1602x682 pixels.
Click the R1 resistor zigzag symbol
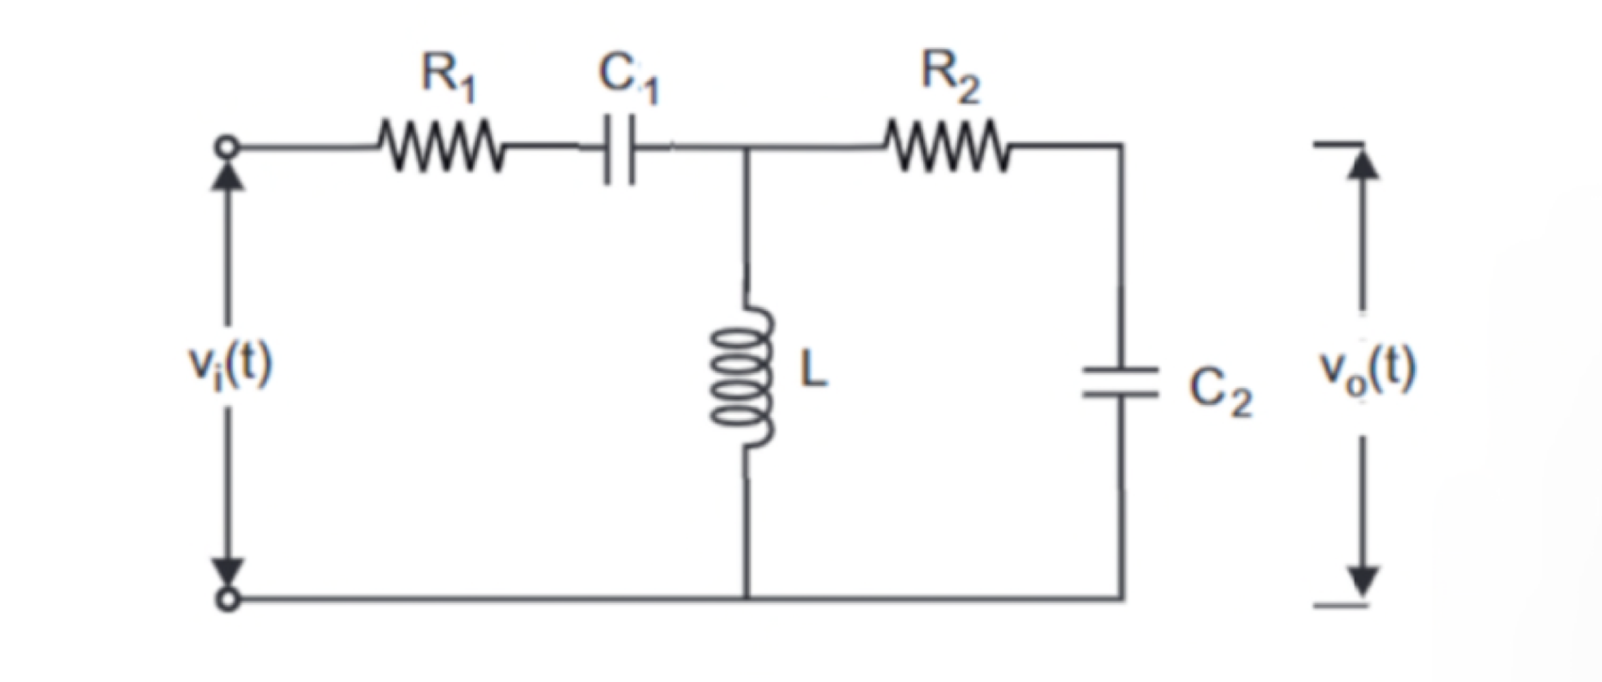pyautogui.click(x=441, y=145)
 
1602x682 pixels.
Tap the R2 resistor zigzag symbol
pyautogui.click(x=948, y=145)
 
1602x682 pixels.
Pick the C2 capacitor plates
pyautogui.click(x=1121, y=382)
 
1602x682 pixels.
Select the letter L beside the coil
pyautogui.click(x=813, y=371)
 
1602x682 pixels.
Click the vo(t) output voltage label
pyautogui.click(x=1367, y=371)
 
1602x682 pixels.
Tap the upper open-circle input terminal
pyautogui.click(x=227, y=147)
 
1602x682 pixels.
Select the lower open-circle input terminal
pyautogui.click(x=228, y=599)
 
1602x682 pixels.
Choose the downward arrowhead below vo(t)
pyautogui.click(x=1363, y=580)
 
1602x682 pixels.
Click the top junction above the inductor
pyautogui.click(x=746, y=147)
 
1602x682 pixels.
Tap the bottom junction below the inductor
pyautogui.click(x=746, y=599)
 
